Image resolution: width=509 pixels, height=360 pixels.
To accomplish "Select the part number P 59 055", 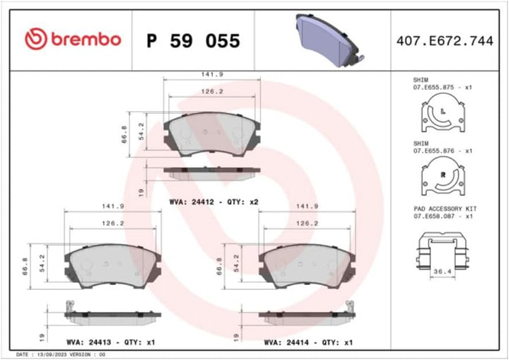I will pyautogui.click(x=192, y=40).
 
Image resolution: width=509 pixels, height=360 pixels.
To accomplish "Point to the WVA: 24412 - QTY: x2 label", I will pyautogui.click(x=214, y=202).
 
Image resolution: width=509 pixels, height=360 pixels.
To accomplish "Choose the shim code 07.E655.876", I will pyautogui.click(x=437, y=151).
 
